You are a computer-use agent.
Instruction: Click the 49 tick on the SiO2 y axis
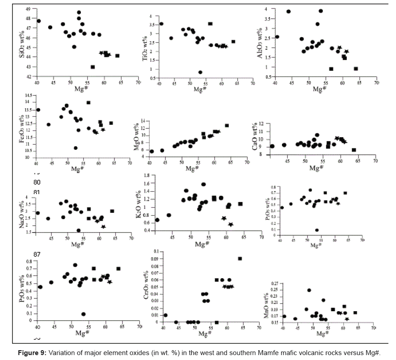[29, 9]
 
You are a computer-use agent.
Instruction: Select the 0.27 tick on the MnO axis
[274, 284]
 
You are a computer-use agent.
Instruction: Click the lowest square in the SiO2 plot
[93, 67]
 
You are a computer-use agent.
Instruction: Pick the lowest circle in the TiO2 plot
[200, 72]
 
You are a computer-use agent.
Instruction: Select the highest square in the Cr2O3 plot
[240, 258]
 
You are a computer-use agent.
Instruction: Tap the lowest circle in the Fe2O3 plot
[76, 148]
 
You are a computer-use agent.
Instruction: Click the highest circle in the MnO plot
[309, 290]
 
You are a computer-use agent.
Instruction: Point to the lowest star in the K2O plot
[231, 224]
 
